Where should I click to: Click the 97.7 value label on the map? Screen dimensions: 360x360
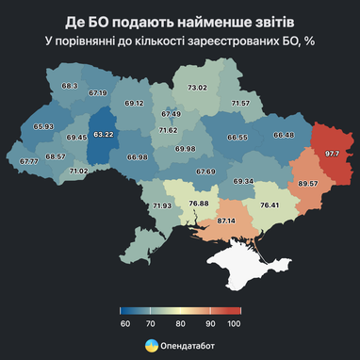point(332,153)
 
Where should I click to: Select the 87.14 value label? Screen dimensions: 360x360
point(226,220)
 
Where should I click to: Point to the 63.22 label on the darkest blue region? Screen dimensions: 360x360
point(103,135)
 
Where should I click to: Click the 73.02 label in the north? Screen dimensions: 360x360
point(197,88)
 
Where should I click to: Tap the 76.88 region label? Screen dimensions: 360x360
point(198,204)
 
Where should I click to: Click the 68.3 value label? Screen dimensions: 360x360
point(69,86)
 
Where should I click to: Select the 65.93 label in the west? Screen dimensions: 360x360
point(42,126)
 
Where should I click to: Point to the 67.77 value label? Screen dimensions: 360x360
point(27,161)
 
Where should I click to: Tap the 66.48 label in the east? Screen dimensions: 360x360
point(284,135)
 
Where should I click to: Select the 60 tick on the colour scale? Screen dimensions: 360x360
point(123,323)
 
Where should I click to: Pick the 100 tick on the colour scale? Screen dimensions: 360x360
point(235,323)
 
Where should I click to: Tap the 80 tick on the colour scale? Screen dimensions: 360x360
point(179,323)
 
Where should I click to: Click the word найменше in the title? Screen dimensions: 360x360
point(192,20)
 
